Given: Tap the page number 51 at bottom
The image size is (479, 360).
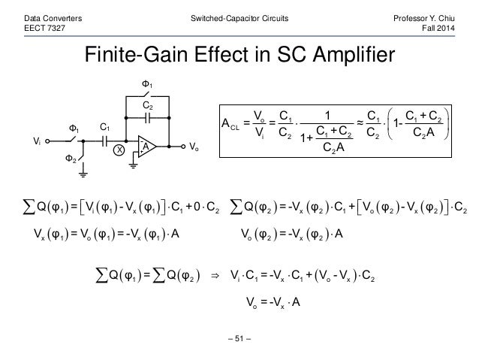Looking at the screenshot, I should pos(239,346).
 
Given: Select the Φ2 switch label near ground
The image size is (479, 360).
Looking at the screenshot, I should pos(68,159).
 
